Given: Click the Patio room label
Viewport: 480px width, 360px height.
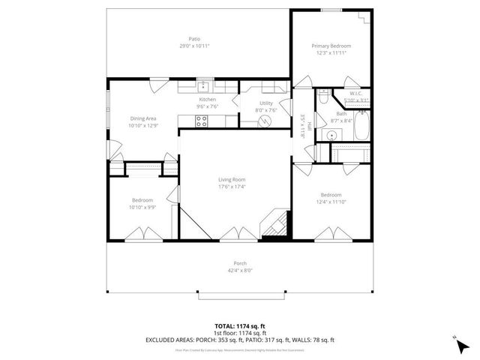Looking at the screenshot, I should pyautogui.click(x=194, y=38).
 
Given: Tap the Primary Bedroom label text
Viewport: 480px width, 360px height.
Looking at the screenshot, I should pyautogui.click(x=331, y=46).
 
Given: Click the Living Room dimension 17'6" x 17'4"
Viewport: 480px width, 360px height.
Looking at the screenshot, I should pyautogui.click(x=232, y=186).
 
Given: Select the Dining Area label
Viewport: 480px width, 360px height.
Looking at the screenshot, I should pyautogui.click(x=142, y=118).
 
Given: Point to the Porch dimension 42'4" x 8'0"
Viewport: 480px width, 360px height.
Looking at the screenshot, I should pyautogui.click(x=240, y=270).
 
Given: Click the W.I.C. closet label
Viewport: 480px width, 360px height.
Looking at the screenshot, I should pyautogui.click(x=355, y=94).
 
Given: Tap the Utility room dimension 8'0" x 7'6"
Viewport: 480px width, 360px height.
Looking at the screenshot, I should pyautogui.click(x=266, y=110).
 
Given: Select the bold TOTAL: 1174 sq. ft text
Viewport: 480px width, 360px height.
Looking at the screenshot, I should pyautogui.click(x=240, y=325).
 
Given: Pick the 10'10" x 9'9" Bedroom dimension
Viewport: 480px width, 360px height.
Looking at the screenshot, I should pyautogui.click(x=142, y=207).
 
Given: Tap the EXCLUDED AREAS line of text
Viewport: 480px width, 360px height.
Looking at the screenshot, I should pyautogui.click(x=240, y=339).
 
